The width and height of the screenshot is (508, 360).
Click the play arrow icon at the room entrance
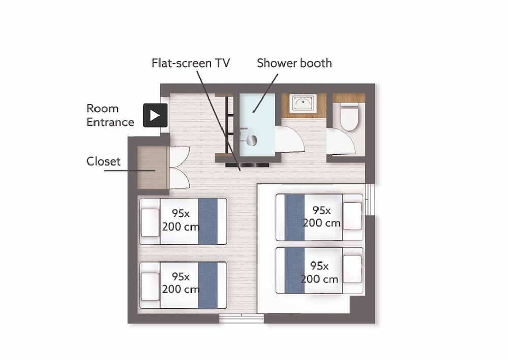click(x=155, y=115)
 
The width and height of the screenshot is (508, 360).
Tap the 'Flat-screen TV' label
click(x=191, y=63)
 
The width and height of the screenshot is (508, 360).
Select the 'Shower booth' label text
click(x=294, y=63)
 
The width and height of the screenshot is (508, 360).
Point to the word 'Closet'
click(x=103, y=161)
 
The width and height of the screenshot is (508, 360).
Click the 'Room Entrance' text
click(x=110, y=115)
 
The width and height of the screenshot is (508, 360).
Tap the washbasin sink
click(x=303, y=103)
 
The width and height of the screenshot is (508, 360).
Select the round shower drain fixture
click(x=252, y=140)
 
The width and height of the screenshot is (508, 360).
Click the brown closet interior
click(x=151, y=168)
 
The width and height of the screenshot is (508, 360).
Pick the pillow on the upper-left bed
click(x=150, y=222)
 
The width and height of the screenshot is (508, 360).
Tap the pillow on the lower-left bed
click(x=150, y=286)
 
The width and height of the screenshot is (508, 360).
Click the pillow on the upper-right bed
click(x=352, y=216)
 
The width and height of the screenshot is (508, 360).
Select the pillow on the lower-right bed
click(x=352, y=269)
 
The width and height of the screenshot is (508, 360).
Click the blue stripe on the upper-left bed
click(x=208, y=221)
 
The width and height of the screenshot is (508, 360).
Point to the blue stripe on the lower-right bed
click(x=295, y=271)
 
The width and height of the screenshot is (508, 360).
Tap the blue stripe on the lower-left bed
click(x=208, y=285)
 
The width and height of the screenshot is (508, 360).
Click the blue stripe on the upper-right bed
click(x=295, y=217)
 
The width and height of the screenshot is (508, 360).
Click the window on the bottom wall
click(x=242, y=318)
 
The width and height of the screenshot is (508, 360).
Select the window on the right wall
click(x=370, y=200)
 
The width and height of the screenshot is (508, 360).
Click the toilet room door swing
click(x=340, y=142)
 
